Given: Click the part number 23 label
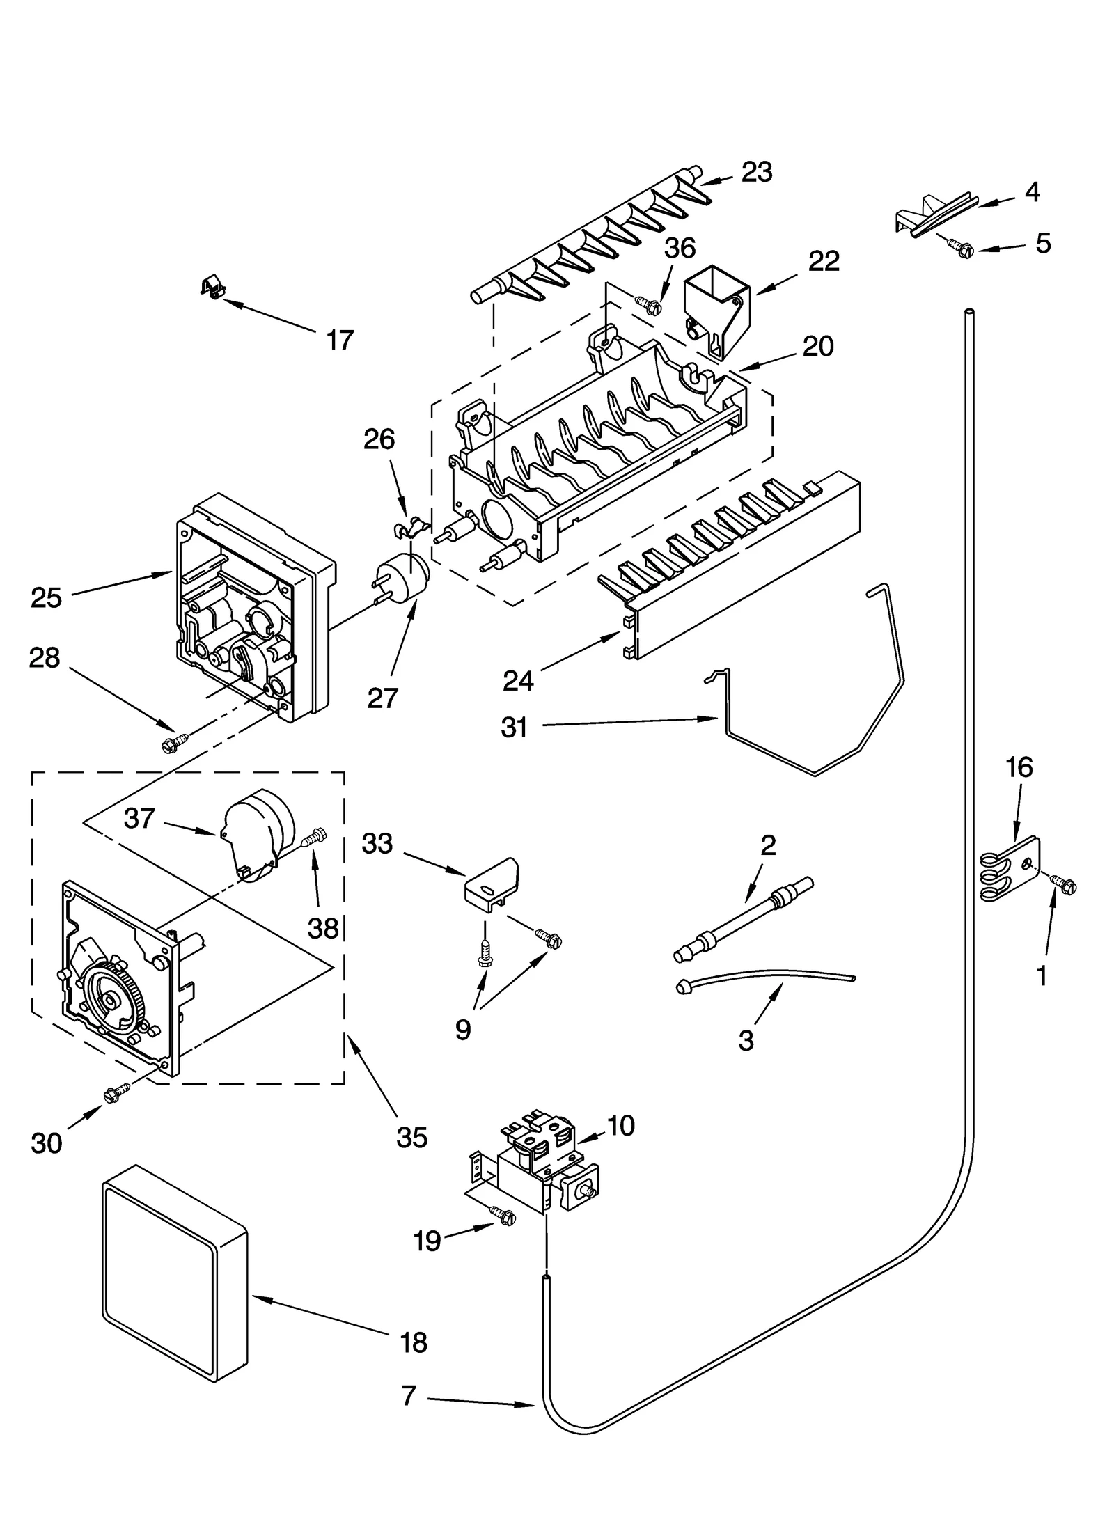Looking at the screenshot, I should (756, 172).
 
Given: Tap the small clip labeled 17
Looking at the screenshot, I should (210, 285).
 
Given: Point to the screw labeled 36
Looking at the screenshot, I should (648, 304).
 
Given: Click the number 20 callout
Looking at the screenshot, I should (817, 346).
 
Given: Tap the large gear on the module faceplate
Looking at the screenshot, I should (111, 997).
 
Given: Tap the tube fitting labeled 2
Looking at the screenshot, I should (744, 919).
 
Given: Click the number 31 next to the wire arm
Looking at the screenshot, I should (514, 728).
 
